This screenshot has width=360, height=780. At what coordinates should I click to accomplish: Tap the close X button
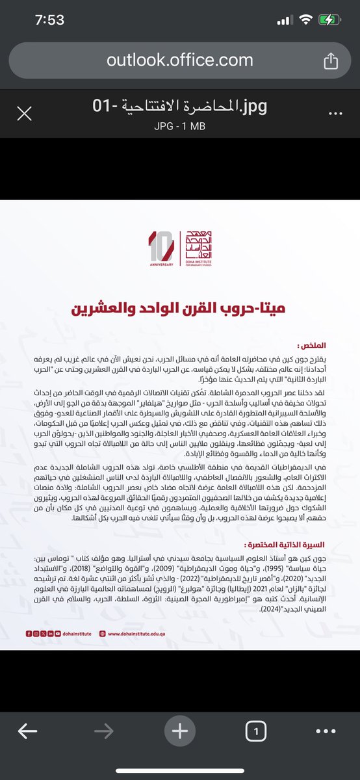[x=24, y=114]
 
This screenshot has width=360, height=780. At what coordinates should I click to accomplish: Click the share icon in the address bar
[x=330, y=60]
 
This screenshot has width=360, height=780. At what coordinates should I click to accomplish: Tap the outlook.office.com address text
[x=179, y=60]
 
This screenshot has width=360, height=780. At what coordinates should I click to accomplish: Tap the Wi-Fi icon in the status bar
[x=304, y=20]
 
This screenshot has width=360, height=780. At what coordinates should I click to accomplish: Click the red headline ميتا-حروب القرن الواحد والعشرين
[x=179, y=307]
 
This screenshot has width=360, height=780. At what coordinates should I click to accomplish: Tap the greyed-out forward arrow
[x=103, y=731]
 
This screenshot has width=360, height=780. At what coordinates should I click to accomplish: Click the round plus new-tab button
[x=179, y=731]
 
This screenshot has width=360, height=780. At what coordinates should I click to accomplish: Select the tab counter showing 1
[x=256, y=731]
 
